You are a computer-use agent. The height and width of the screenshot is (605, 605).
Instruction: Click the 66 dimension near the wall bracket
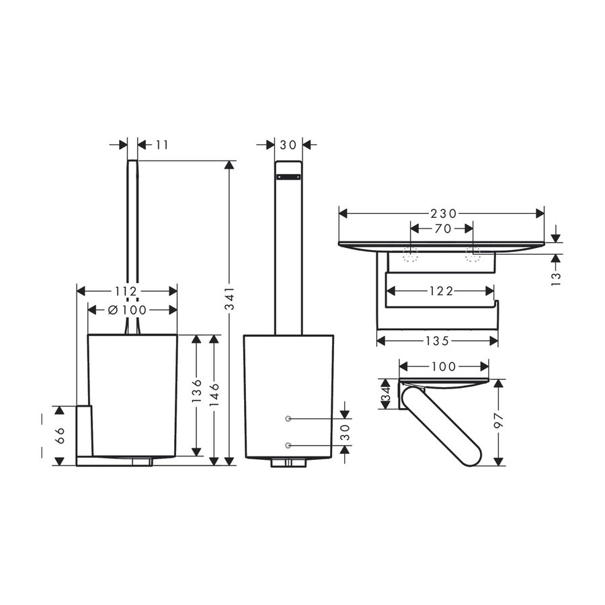pos(58,435)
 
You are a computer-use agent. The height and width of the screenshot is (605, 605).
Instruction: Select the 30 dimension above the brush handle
pos(289,144)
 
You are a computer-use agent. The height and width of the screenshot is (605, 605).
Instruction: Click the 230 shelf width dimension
pos(442,213)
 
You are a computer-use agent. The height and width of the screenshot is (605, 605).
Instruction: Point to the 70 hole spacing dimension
pos(442,229)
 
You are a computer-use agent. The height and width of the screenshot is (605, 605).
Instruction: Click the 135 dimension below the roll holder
pos(437,340)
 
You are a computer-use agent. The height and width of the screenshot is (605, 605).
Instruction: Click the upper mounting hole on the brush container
pos(288,419)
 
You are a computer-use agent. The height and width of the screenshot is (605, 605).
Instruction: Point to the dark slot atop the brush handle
pos(288,177)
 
